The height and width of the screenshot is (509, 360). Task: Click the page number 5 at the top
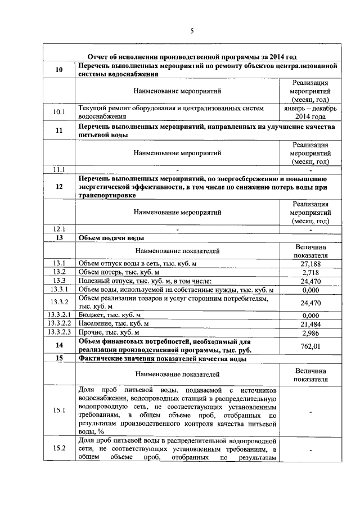point(192,31)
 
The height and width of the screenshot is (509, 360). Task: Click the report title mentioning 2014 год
point(192,56)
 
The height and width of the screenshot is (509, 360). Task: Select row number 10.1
point(59,112)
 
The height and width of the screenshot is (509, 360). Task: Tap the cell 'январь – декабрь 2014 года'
point(310,112)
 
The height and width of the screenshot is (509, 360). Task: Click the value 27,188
point(310,263)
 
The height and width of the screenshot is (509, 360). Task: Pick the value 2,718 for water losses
point(310,272)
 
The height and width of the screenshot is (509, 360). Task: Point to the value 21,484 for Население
point(310,323)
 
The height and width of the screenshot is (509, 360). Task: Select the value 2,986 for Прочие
point(310,332)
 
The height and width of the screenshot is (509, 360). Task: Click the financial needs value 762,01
point(310,345)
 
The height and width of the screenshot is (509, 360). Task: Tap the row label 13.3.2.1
point(59,315)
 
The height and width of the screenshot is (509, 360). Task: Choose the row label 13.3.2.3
point(59,332)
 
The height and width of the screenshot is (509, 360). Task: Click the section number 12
point(59,186)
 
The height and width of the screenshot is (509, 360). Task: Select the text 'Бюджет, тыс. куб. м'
point(110,315)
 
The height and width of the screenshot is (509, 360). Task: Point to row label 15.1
point(59,410)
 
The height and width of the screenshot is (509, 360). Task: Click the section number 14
point(59,345)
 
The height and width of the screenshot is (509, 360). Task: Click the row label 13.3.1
point(59,289)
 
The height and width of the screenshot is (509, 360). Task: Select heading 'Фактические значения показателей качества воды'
point(170,358)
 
